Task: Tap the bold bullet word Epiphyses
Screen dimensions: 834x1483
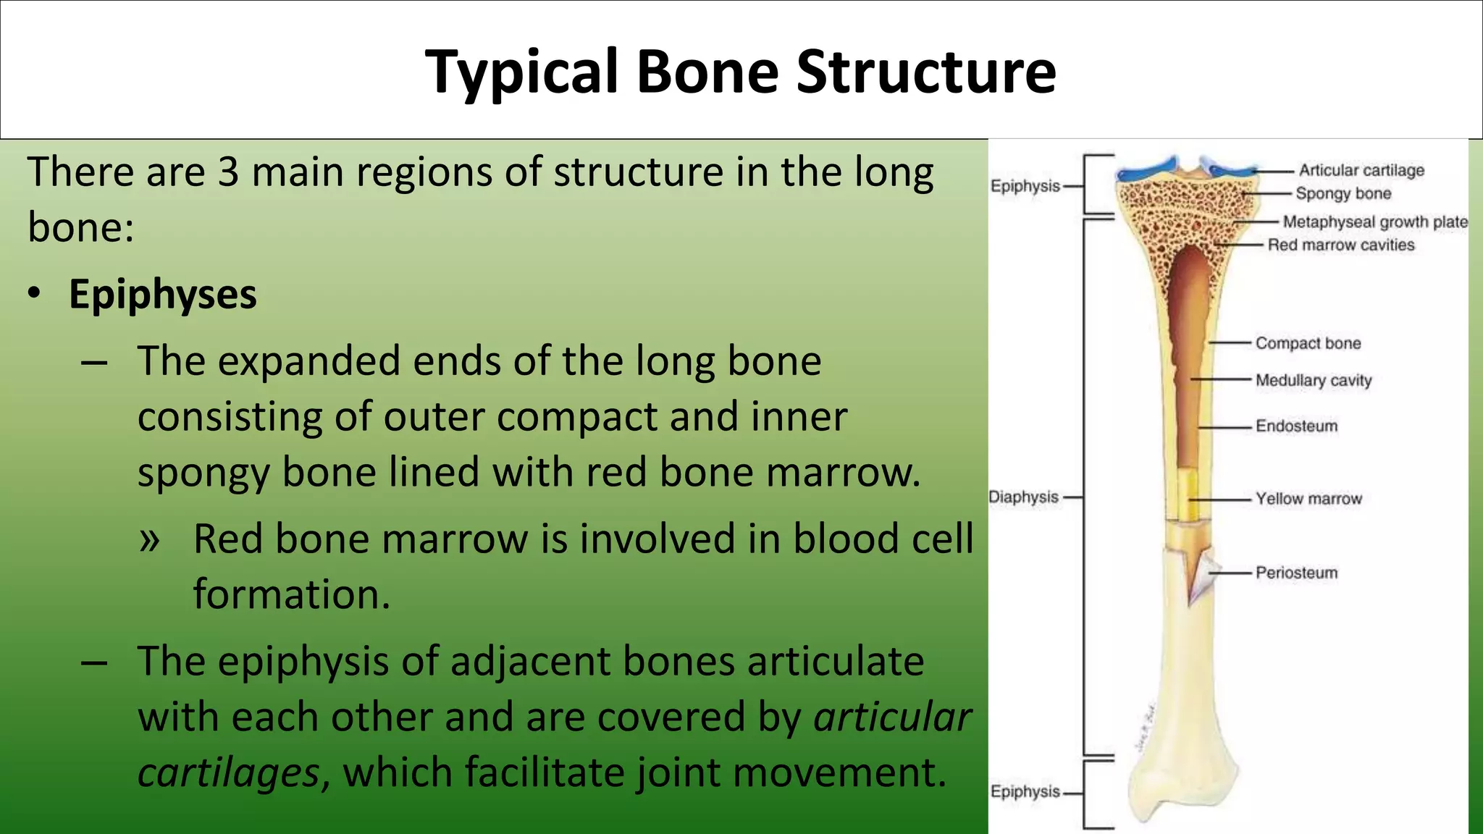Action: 162,295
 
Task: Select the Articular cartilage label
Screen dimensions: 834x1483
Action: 1361,170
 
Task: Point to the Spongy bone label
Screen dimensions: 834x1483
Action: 1343,193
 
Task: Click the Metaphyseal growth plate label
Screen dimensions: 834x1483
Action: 1375,222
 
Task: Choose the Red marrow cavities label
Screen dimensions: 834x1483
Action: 1340,245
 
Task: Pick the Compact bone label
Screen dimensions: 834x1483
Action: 1308,343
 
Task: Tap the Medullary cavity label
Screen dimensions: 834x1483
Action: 1314,380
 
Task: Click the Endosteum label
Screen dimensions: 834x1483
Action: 1296,426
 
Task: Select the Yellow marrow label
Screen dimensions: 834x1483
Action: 1308,499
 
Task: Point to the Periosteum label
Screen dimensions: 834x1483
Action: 1296,573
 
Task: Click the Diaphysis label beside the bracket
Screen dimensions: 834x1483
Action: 1023,497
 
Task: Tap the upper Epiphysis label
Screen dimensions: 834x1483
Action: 1025,186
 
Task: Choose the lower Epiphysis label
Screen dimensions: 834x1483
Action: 1025,791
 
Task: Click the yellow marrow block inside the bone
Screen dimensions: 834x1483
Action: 1185,496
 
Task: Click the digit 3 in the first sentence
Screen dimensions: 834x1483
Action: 228,172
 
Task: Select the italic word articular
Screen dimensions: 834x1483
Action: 892,717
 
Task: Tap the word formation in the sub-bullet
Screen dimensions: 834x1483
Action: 291,594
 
